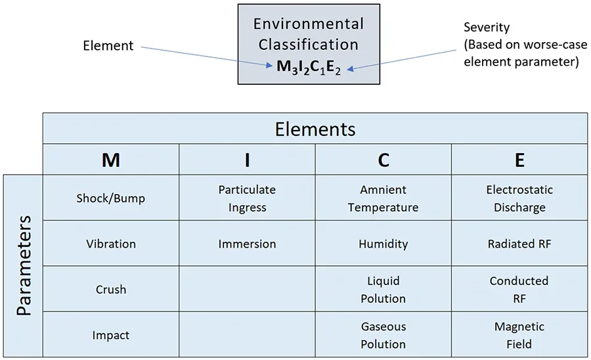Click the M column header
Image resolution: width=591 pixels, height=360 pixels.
[111, 160]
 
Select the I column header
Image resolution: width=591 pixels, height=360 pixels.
[247, 160]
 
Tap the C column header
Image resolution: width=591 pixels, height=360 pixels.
[383, 160]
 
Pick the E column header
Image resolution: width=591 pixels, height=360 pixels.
[519, 160]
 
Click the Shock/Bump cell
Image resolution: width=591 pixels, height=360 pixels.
[111, 198]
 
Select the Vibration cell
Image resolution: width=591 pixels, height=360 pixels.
[111, 244]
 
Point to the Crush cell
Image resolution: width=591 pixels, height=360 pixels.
[111, 289]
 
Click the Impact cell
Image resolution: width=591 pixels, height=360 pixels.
[111, 335]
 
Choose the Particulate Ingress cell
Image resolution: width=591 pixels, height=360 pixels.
[247, 198]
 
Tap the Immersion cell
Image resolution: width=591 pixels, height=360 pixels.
[247, 244]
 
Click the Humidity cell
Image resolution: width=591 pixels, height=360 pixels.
[383, 244]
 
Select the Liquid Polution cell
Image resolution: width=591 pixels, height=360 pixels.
[383, 289]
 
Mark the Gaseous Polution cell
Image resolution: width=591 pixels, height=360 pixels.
[383, 335]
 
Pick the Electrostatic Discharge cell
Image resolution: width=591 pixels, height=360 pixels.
[519, 198]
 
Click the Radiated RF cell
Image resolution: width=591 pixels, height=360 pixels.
[519, 244]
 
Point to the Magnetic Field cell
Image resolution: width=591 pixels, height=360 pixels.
[519, 335]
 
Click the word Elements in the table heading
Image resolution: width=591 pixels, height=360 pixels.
[315, 129]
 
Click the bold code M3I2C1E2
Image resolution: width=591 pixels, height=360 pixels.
[309, 67]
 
